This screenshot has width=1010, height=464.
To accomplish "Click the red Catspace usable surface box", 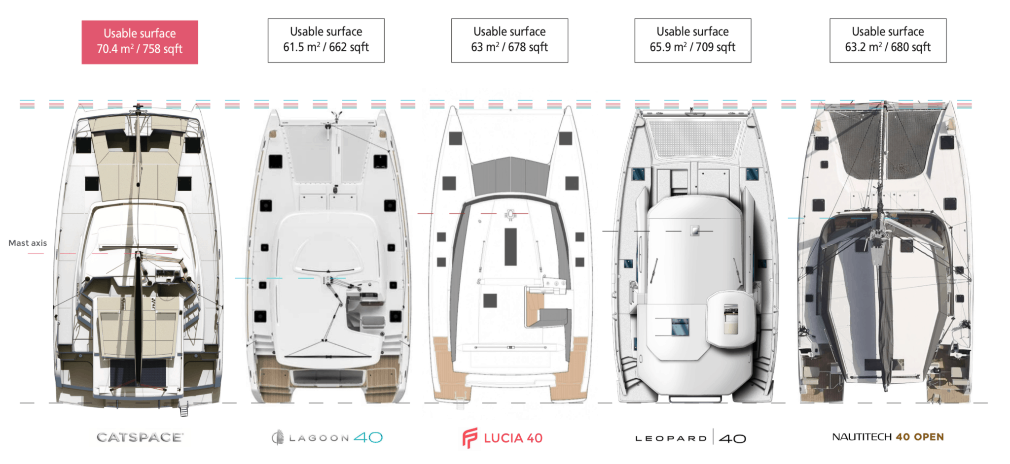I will click(x=140, y=42).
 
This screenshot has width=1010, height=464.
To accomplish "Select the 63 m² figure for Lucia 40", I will click(x=485, y=47).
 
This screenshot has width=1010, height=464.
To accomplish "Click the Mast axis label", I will click(x=28, y=243).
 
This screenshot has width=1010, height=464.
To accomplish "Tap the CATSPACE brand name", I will click(x=140, y=437).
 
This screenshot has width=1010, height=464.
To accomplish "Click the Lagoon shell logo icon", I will click(x=278, y=437).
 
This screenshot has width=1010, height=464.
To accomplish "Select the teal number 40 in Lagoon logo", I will click(x=368, y=437).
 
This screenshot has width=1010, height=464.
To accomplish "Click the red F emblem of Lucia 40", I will click(x=469, y=437).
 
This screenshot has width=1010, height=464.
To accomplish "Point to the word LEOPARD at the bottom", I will click(x=671, y=438).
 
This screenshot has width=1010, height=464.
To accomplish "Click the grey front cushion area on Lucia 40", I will click(x=510, y=176).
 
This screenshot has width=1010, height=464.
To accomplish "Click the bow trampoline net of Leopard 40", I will click(x=694, y=138).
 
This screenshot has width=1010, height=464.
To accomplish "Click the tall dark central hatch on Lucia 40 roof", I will click(x=510, y=246).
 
